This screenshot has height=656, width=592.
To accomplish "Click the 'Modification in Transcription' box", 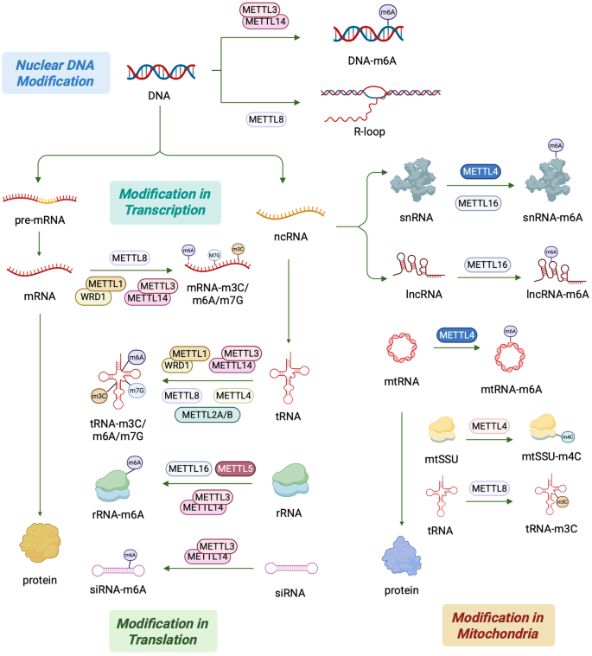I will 164,201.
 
